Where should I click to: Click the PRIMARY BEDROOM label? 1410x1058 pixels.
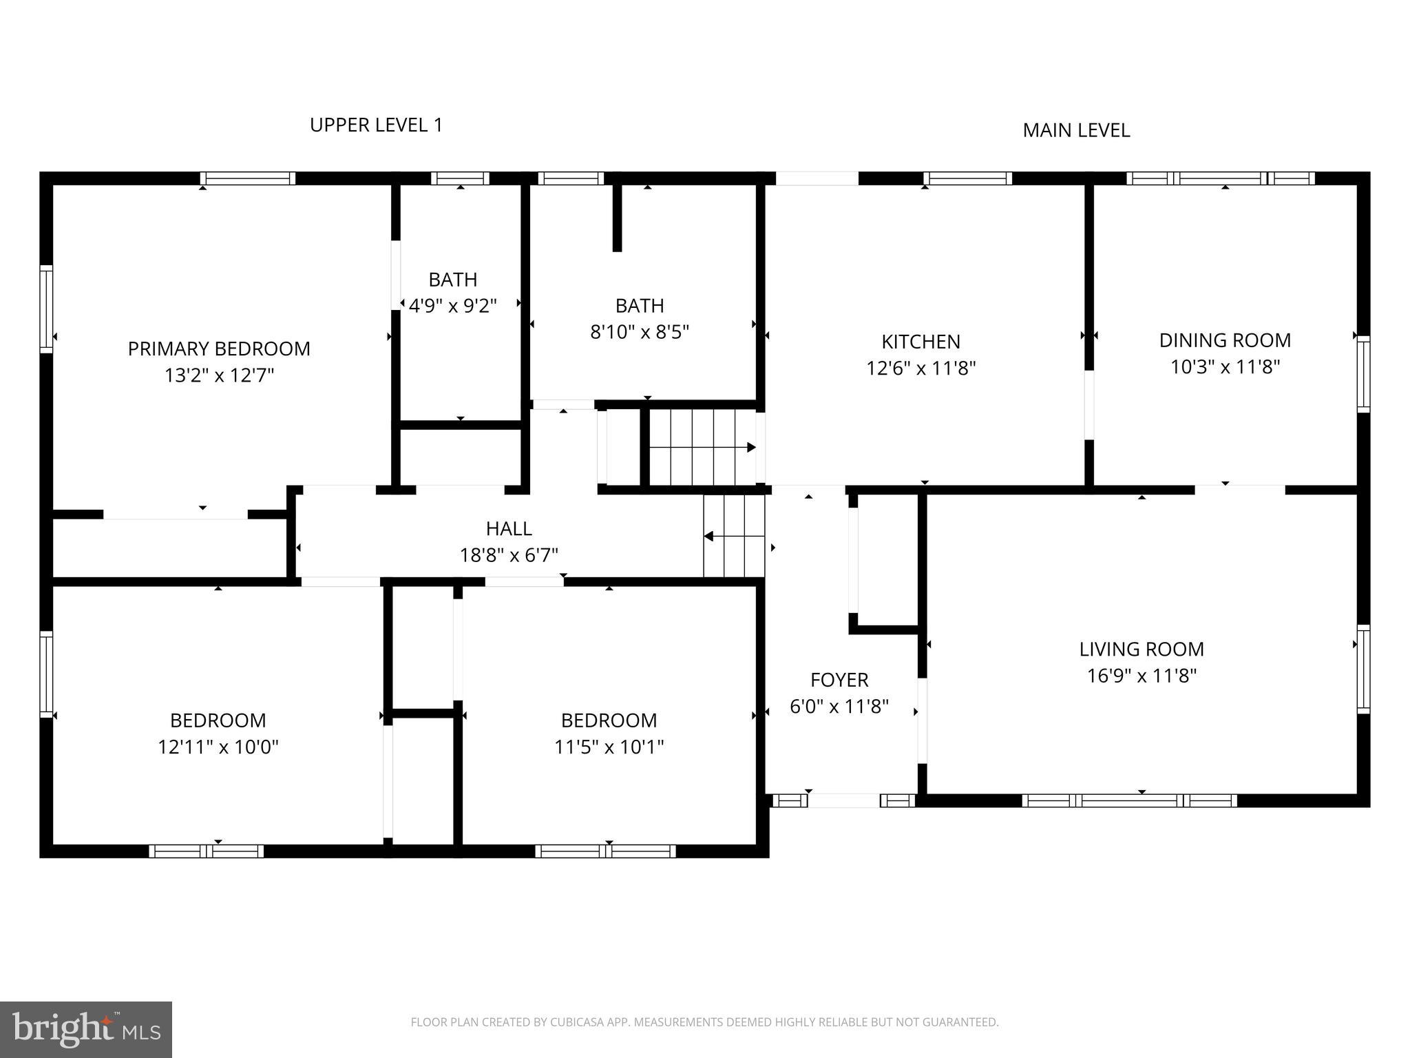pyautogui.click(x=219, y=349)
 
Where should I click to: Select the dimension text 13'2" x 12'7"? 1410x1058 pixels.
pyautogui.click(x=219, y=375)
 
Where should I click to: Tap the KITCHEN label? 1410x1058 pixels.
pyautogui.click(x=920, y=342)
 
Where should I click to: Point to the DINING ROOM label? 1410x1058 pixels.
pyautogui.click(x=1225, y=340)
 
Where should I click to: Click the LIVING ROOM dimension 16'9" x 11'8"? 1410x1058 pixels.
pyautogui.click(x=1141, y=676)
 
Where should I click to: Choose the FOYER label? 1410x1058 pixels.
pyautogui.click(x=839, y=680)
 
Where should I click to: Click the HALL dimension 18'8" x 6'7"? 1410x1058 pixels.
pyautogui.click(x=509, y=555)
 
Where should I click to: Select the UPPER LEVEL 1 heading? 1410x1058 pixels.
pyautogui.click(x=376, y=125)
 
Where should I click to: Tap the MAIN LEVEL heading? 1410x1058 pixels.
pyautogui.click(x=1076, y=130)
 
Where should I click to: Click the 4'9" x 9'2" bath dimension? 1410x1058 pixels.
pyautogui.click(x=452, y=306)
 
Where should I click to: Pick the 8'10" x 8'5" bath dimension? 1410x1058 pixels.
pyautogui.click(x=640, y=332)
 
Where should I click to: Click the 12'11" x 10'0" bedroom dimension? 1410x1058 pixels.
pyautogui.click(x=218, y=747)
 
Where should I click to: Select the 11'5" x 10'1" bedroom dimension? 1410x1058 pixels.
pyautogui.click(x=609, y=747)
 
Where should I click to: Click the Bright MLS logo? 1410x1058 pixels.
pyautogui.click(x=86, y=1029)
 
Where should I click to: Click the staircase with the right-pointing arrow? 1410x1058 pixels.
pyautogui.click(x=702, y=447)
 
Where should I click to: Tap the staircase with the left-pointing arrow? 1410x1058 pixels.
pyautogui.click(x=734, y=536)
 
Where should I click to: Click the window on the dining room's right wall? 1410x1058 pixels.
pyautogui.click(x=1363, y=374)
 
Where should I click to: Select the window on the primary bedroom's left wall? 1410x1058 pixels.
pyautogui.click(x=46, y=309)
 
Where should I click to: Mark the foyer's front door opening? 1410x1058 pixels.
pyautogui.click(x=843, y=800)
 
